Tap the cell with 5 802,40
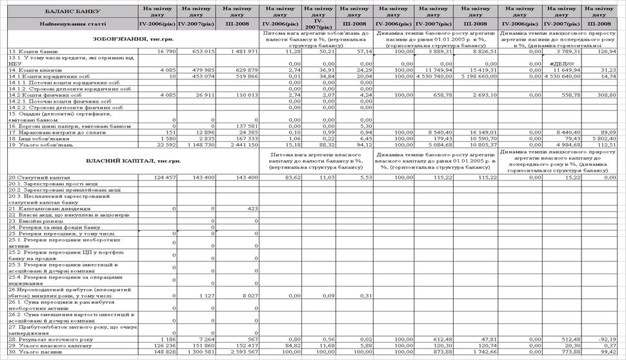tap(604, 139)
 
